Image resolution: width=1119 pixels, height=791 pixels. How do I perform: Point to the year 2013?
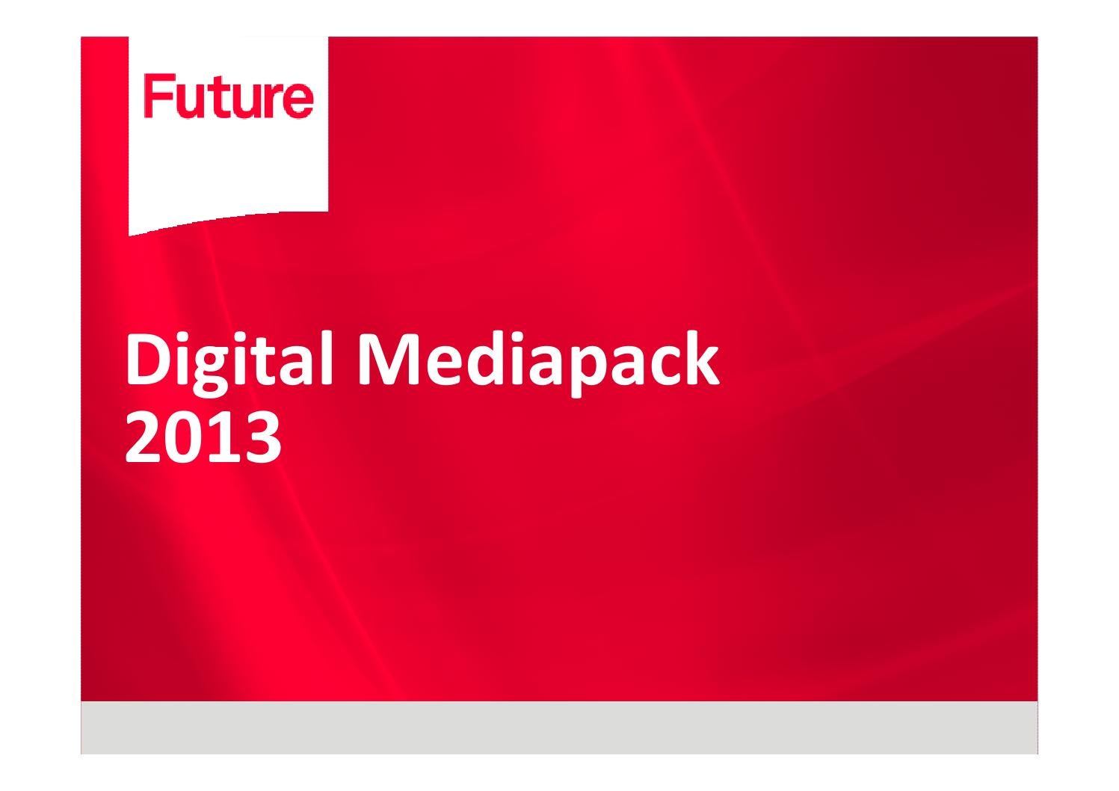(x=203, y=438)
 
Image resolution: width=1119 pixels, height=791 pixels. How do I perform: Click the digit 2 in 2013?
(x=144, y=438)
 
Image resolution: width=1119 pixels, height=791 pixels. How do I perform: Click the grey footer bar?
(x=559, y=727)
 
